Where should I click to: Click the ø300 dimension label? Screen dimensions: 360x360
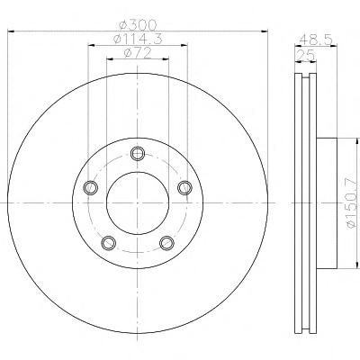click(x=138, y=24)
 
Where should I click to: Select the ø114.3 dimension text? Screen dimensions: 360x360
click(x=138, y=39)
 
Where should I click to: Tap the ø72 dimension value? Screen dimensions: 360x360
click(x=138, y=53)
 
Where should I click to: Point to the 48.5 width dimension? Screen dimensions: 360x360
click(x=316, y=40)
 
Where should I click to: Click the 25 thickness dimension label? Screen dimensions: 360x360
click(x=305, y=56)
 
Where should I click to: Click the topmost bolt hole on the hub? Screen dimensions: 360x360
click(x=138, y=154)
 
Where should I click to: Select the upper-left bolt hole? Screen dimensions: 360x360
click(x=90, y=188)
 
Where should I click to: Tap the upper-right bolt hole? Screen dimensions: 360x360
click(x=184, y=188)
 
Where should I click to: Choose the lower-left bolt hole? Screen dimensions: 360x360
click(x=108, y=243)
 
